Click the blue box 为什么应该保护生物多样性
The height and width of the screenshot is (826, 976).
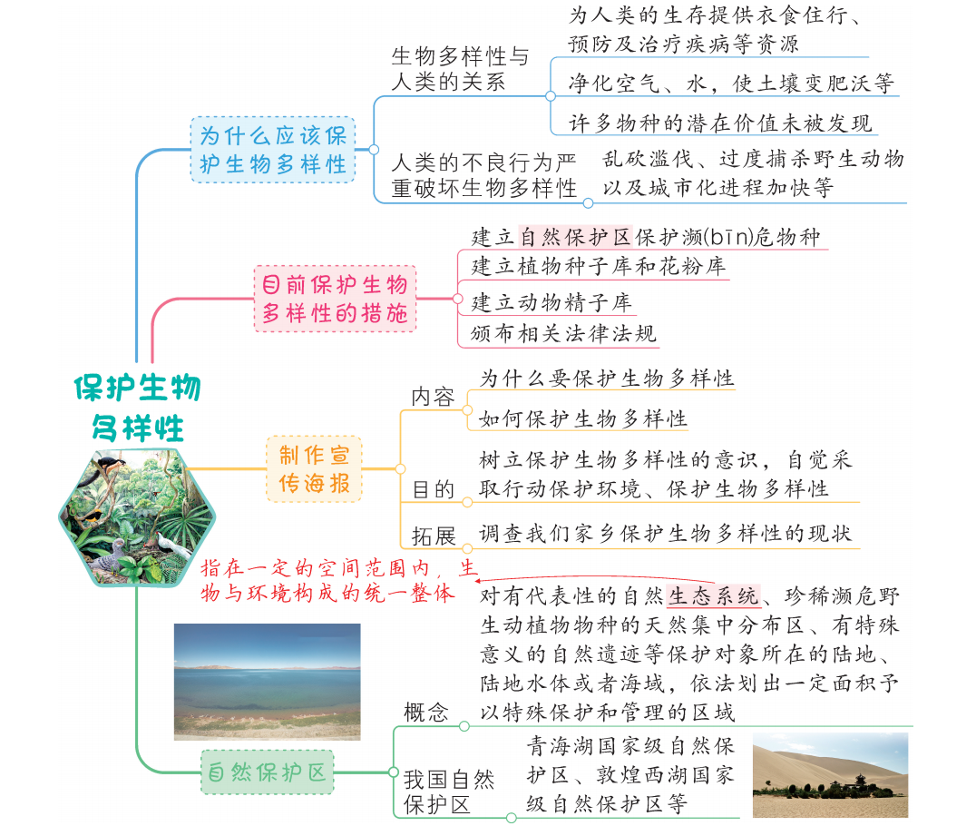[x=273, y=150]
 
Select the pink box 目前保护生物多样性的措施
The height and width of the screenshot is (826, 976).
[x=335, y=299]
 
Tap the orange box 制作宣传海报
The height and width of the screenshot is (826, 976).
[x=314, y=468]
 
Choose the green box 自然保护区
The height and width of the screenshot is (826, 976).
[x=267, y=772]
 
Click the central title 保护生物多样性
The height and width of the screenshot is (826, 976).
[x=138, y=408]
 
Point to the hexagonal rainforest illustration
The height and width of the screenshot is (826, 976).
[x=137, y=517]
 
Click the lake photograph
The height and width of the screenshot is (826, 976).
[x=267, y=682]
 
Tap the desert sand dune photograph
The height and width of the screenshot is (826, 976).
[x=830, y=774]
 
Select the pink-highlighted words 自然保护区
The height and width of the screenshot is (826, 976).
[x=576, y=237]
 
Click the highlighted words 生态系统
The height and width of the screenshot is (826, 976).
[x=713, y=596]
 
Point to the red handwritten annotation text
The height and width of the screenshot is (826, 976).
[x=338, y=580]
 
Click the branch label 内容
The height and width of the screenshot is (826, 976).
[x=434, y=397]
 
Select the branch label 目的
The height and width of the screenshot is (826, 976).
[x=434, y=489]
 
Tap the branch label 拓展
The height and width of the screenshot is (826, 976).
[x=434, y=536]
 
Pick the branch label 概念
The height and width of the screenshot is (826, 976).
[x=425, y=712]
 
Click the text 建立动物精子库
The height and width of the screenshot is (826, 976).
[x=551, y=303]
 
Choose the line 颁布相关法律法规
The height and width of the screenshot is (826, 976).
[x=563, y=333]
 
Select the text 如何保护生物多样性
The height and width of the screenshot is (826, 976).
[x=582, y=418]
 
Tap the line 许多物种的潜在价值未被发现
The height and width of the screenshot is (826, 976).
[x=720, y=123]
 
